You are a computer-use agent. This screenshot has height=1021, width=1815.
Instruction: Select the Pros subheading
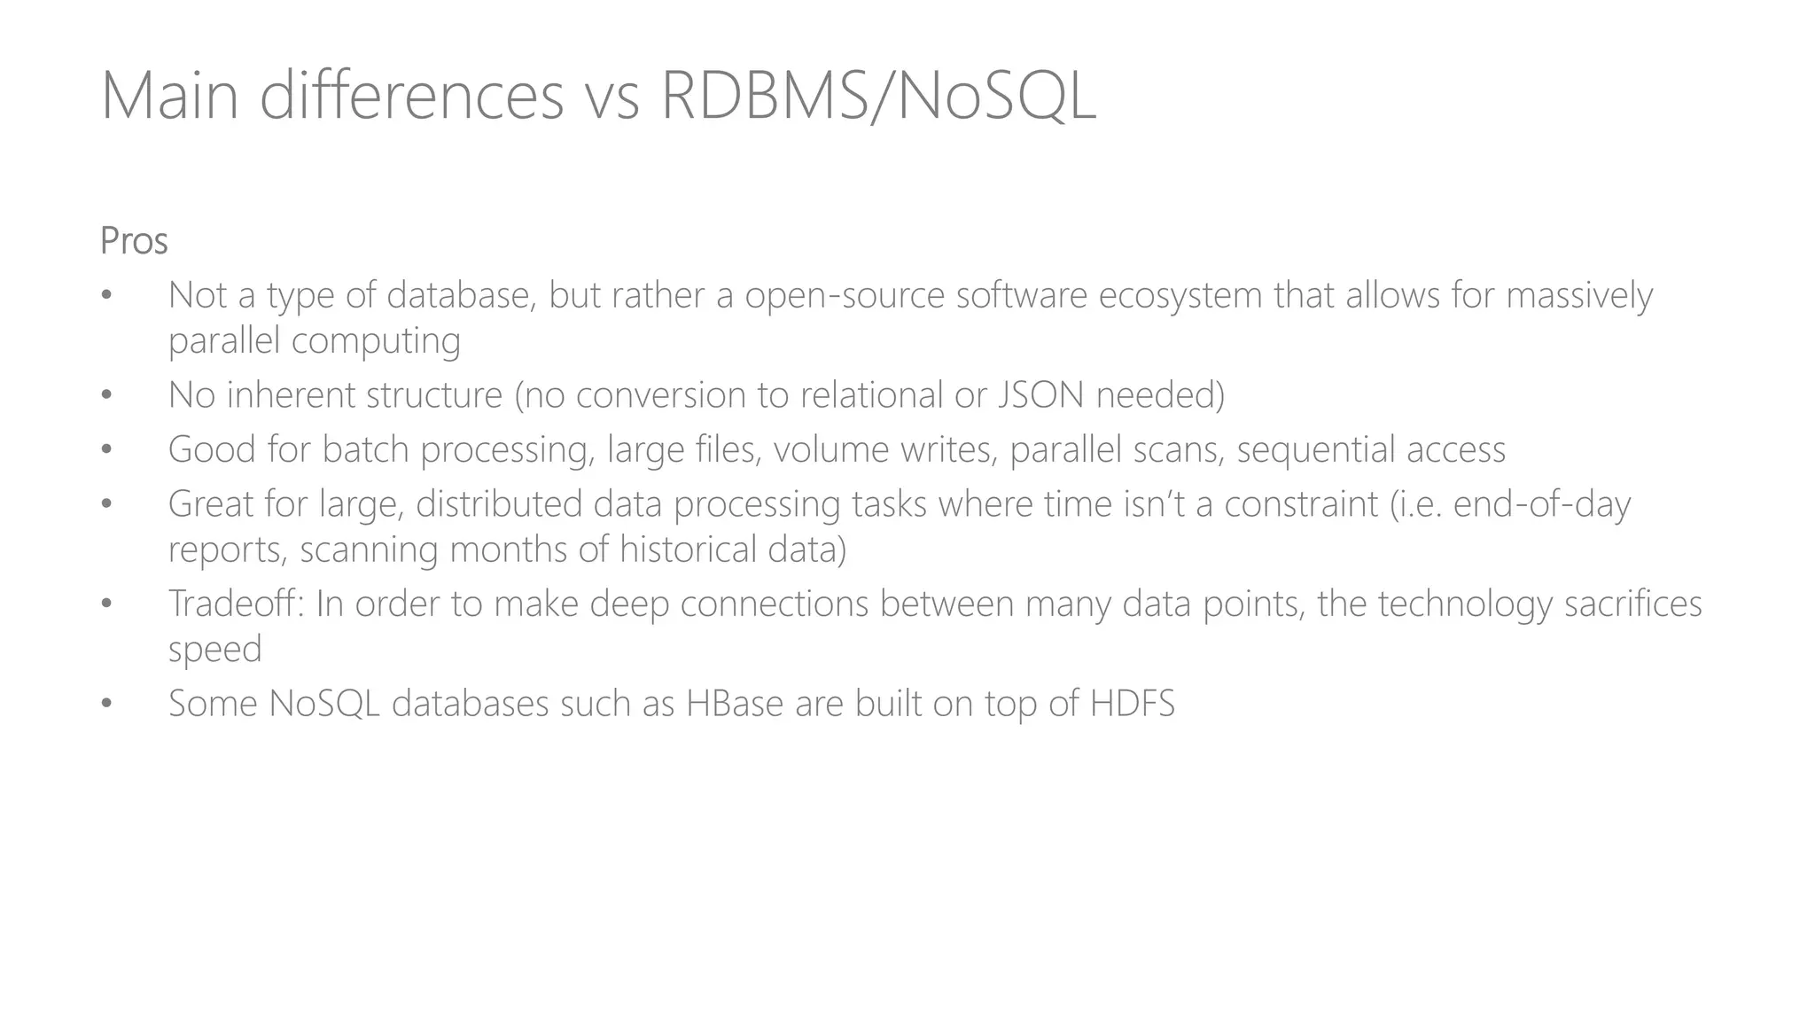coord(134,241)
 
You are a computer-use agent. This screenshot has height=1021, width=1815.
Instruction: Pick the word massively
coord(1579,296)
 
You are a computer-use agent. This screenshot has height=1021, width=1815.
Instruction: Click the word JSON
coord(1040,395)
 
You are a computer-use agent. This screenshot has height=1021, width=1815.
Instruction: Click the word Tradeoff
coord(236,604)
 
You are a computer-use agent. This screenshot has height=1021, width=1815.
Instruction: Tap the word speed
coord(215,651)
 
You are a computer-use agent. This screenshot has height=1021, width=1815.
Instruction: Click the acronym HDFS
coord(1132,704)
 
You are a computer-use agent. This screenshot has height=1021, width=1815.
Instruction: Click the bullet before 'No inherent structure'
coord(106,396)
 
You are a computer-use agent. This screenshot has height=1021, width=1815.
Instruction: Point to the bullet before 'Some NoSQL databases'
coord(106,705)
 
